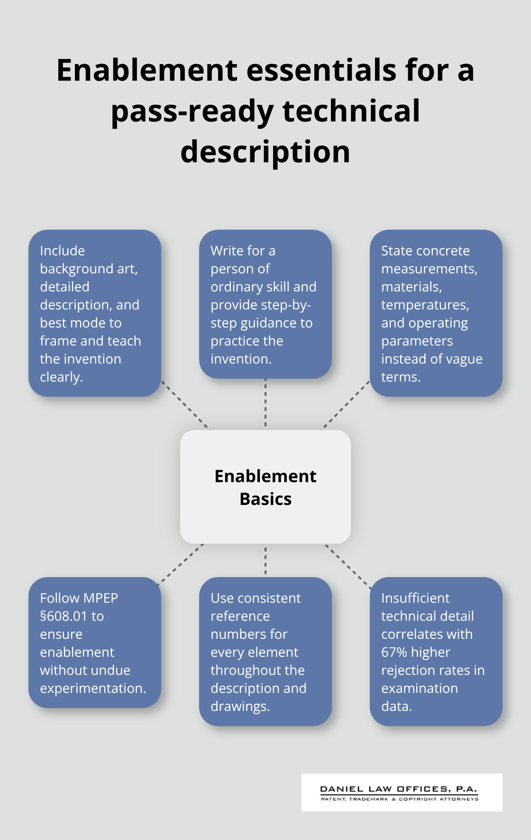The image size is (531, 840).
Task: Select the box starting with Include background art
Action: tap(95, 313)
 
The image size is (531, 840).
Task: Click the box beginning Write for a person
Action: tap(265, 304)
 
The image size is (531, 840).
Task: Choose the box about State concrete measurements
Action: tap(436, 313)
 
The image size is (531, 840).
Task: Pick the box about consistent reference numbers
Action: tap(265, 652)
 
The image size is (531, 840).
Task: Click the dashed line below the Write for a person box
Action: tap(265, 403)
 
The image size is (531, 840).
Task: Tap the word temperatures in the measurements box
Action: tap(424, 305)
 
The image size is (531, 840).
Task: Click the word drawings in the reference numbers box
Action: tap(239, 706)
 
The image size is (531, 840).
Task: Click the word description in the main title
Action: tap(265, 152)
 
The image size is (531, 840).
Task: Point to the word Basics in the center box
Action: tap(265, 499)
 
